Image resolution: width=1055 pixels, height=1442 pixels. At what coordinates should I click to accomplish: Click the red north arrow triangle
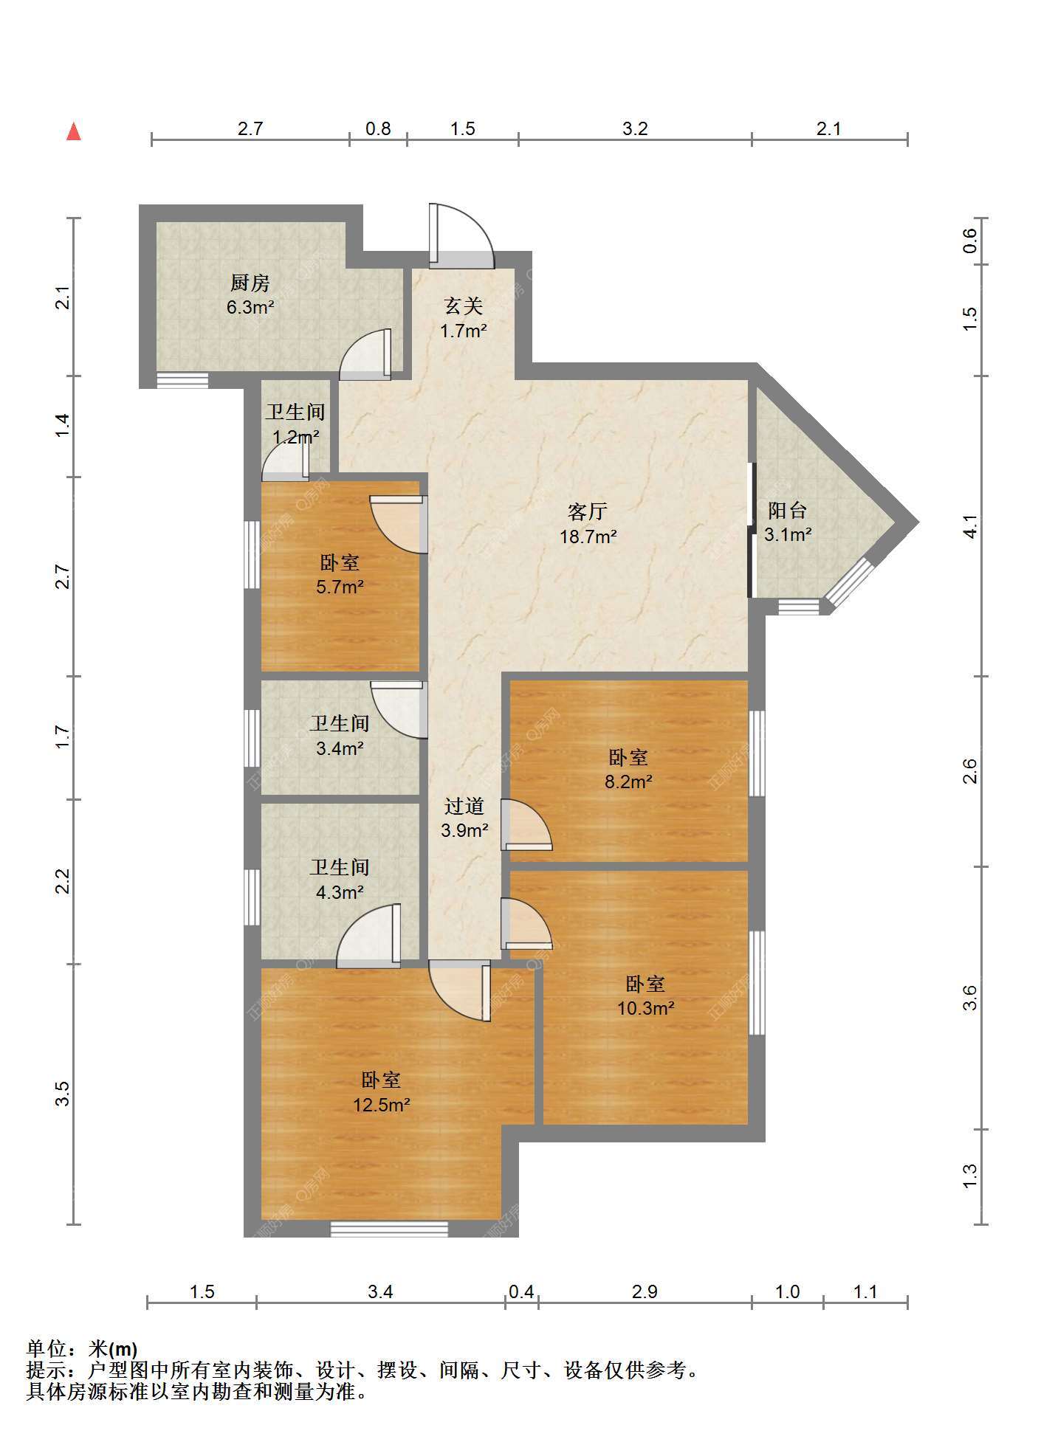(74, 131)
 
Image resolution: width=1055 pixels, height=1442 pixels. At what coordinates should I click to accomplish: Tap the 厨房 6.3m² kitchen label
(250, 294)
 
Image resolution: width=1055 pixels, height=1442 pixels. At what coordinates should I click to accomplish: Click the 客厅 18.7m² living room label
(588, 523)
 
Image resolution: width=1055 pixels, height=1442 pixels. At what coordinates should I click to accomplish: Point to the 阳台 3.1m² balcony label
(788, 522)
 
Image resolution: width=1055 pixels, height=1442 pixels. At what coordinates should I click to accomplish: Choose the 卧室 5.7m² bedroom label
(340, 574)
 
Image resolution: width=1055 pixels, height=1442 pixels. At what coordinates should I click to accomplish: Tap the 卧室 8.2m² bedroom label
(628, 769)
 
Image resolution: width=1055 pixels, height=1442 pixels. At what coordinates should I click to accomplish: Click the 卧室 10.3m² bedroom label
(645, 996)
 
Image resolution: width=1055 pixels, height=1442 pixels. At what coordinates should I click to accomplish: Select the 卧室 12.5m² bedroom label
(381, 1092)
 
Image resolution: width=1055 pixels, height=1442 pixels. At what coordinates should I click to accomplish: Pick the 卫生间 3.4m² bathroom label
(340, 735)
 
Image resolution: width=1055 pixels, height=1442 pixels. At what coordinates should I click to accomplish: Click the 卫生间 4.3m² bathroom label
(340, 880)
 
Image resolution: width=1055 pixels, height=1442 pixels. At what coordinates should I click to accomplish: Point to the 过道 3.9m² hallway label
(464, 818)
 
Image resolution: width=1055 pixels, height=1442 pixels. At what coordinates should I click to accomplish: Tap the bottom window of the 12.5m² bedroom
(389, 1229)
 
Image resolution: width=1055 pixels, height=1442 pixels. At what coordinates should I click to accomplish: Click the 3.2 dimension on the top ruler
(635, 129)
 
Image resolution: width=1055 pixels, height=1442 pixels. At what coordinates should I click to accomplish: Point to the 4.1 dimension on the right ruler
(970, 525)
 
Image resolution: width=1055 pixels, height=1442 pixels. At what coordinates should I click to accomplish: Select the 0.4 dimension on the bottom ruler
(521, 1291)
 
